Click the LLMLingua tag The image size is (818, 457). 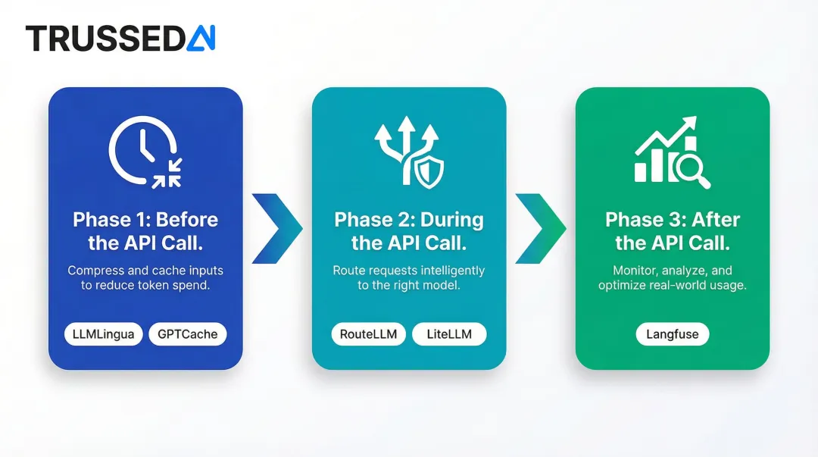point(103,334)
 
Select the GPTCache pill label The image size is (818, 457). point(187,334)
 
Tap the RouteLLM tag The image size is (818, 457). point(369,334)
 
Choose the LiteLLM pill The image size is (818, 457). point(449,334)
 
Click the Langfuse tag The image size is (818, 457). point(673,334)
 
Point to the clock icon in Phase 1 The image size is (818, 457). point(141,148)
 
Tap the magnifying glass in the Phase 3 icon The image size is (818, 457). point(692,169)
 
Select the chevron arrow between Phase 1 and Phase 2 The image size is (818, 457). point(276,228)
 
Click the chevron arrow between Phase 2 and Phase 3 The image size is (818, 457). point(541,228)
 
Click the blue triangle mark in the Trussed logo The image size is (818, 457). point(201,38)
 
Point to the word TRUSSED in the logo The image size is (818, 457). point(106,38)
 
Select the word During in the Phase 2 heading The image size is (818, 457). point(451,220)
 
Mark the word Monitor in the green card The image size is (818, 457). point(635,271)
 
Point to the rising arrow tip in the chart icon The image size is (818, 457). point(690,124)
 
